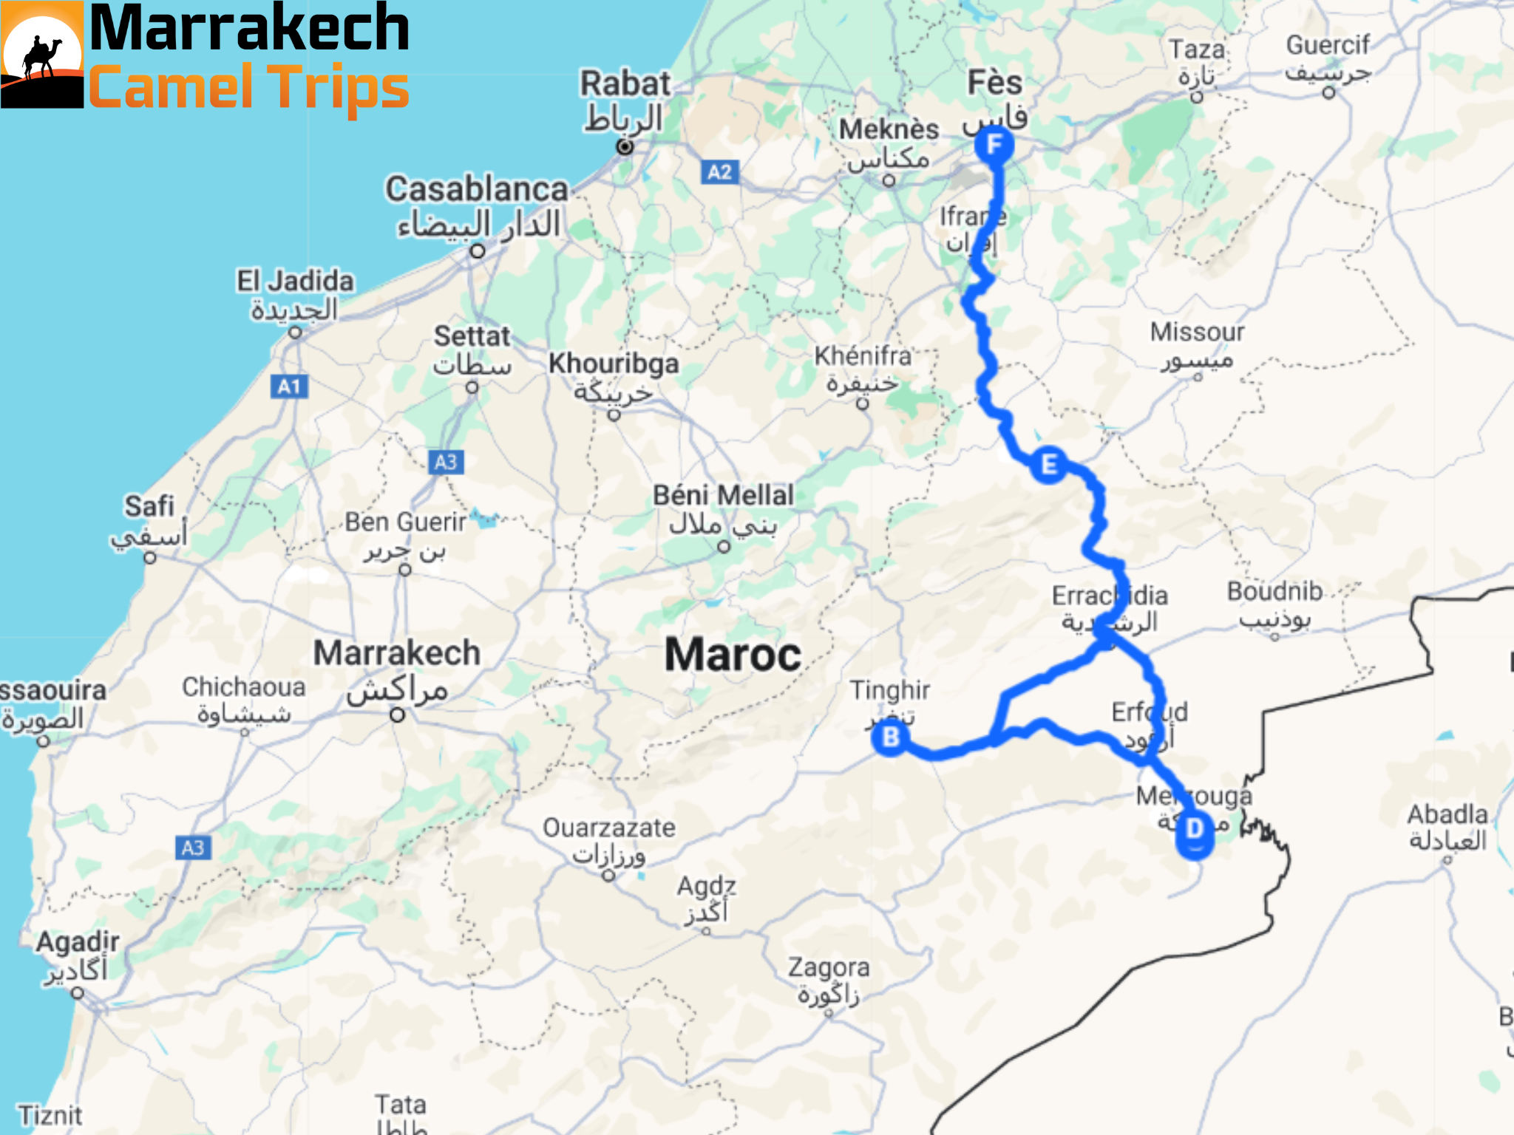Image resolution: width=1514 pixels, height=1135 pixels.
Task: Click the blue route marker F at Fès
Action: click(x=994, y=145)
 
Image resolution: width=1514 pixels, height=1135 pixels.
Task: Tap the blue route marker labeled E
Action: click(x=1048, y=465)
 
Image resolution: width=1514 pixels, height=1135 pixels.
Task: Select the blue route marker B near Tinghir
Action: click(x=891, y=737)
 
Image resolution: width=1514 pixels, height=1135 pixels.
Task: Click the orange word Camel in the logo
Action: click(x=171, y=87)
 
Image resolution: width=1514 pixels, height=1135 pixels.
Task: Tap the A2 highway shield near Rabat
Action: click(x=719, y=172)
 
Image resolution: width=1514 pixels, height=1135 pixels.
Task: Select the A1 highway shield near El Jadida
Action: click(x=289, y=386)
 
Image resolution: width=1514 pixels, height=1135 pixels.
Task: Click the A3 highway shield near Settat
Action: click(x=446, y=462)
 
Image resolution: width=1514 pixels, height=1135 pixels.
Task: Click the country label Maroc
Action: click(x=733, y=655)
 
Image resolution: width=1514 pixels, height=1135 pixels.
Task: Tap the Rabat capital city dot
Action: click(x=625, y=147)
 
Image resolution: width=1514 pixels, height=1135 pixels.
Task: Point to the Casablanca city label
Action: click(x=477, y=190)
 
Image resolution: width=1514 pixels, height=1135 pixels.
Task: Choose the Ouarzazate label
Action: click(x=609, y=828)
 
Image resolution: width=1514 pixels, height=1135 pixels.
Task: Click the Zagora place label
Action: click(x=828, y=967)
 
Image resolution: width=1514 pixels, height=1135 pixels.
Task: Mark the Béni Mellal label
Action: click(x=723, y=495)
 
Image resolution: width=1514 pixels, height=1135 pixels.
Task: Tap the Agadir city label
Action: click(x=78, y=942)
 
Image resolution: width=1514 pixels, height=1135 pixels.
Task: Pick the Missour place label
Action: click(x=1197, y=333)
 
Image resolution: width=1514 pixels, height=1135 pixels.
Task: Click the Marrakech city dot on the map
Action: click(x=398, y=715)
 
